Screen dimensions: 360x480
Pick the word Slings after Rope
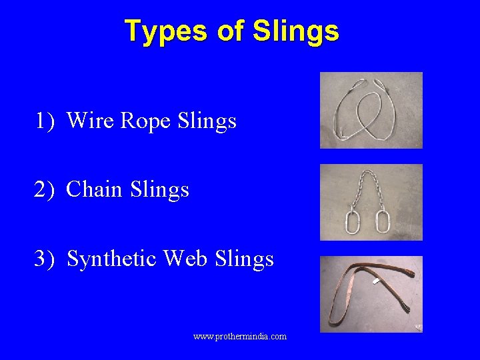point(207,121)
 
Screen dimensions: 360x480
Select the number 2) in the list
point(46,189)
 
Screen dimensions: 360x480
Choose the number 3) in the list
point(46,258)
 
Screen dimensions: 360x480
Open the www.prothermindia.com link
point(240,337)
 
